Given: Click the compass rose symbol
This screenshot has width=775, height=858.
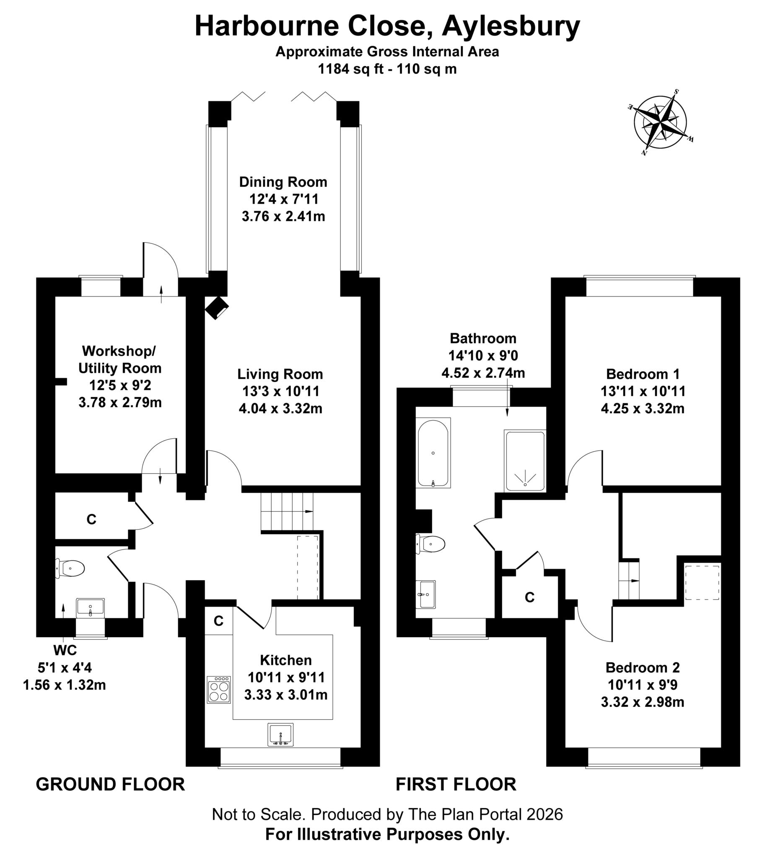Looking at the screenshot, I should coord(660,122).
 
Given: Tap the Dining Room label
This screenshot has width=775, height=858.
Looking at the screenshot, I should coord(283,182).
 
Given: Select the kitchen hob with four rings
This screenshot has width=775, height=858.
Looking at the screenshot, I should coord(218,689).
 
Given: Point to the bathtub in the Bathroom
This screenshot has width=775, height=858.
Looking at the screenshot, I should coord(433,453).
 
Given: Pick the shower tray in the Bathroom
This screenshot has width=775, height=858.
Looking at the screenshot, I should coord(525,461).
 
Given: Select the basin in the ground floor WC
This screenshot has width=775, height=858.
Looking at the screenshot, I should coord(90,608).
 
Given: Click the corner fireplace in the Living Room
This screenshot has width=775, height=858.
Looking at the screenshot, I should coord(217,307).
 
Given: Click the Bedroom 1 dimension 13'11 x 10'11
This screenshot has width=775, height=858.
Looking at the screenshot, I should coord(643,391).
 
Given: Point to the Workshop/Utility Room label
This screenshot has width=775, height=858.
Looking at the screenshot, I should coord(119,359).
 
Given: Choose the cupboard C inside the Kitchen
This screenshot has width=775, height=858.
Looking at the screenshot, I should coord(218,621).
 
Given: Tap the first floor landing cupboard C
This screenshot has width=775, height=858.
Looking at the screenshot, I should coord(529,597).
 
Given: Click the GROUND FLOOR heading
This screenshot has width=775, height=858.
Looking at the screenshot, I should coord(110,784).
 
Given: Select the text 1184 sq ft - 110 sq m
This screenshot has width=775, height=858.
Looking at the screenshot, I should coord(387,69).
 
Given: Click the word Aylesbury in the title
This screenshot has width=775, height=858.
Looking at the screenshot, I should coord(511,26).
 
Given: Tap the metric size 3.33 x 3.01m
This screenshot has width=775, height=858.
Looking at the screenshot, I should coord(286,695).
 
